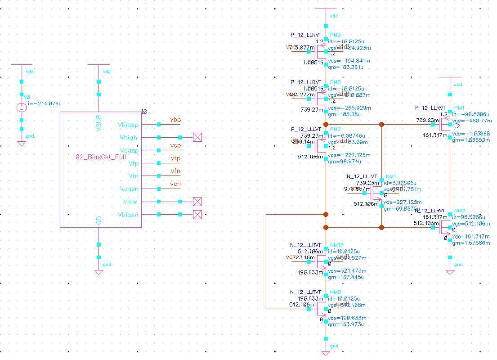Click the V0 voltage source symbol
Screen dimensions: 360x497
pyautogui.click(x=21, y=108)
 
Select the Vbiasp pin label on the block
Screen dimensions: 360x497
pyautogui.click(x=128, y=125)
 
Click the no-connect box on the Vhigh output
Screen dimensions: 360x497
pyautogui.click(x=197, y=137)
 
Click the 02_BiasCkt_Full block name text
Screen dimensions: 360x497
pyautogui.click(x=101, y=157)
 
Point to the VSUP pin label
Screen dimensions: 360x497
pyautogui.click(x=99, y=123)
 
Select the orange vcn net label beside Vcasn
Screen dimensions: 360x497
pyautogui.click(x=175, y=184)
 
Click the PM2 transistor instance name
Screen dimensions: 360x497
pyautogui.click(x=335, y=35)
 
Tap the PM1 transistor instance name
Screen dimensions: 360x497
pyautogui.click(x=459, y=108)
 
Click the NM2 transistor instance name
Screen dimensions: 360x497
pyautogui.click(x=459, y=211)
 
